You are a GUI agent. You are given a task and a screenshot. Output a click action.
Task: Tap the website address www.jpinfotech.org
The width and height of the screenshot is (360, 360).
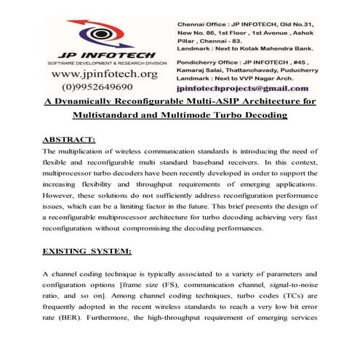(x=104, y=74)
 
